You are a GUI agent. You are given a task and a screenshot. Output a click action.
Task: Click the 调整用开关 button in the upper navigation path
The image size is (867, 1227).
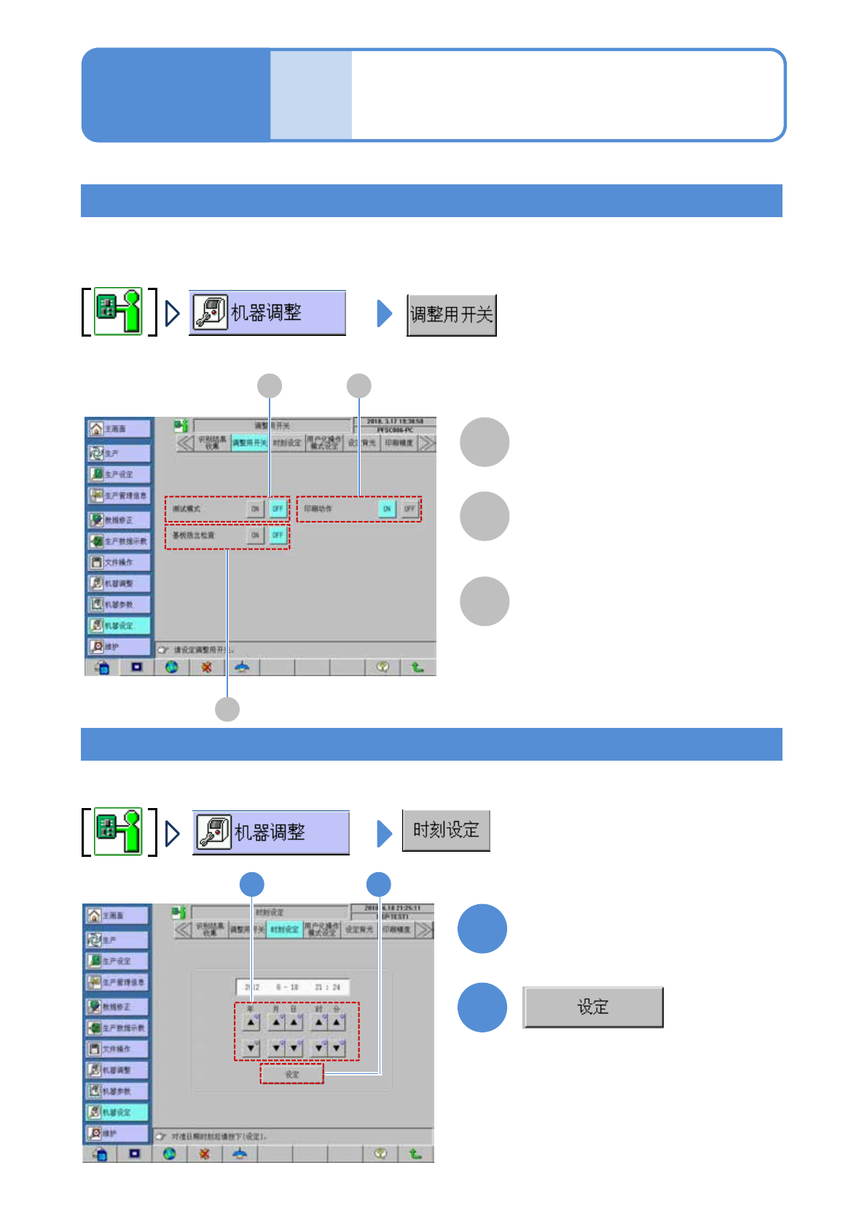pyautogui.click(x=452, y=315)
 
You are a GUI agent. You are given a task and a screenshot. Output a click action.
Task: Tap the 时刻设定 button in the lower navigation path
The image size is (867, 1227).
pyautogui.click(x=446, y=830)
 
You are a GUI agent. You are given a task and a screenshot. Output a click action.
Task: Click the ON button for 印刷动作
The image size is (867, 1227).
pyautogui.click(x=387, y=509)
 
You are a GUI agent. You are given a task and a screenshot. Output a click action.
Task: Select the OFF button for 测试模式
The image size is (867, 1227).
pyautogui.click(x=278, y=509)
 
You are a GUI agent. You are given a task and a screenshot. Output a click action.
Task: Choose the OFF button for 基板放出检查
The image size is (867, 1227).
pyautogui.click(x=278, y=535)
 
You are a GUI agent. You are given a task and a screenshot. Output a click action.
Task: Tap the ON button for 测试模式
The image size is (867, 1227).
pyautogui.click(x=255, y=509)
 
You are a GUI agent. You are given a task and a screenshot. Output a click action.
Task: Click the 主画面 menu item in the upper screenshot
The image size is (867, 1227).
pyautogui.click(x=119, y=428)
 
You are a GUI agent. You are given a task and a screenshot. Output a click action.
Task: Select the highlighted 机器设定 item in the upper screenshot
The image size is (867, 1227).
pyautogui.click(x=119, y=625)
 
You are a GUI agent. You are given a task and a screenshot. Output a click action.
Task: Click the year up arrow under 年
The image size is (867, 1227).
pyautogui.click(x=251, y=1022)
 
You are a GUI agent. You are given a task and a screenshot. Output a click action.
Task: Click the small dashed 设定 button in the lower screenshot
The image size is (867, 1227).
pyautogui.click(x=292, y=1074)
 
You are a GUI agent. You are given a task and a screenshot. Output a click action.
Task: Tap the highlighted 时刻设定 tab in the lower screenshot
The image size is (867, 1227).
pyautogui.click(x=284, y=930)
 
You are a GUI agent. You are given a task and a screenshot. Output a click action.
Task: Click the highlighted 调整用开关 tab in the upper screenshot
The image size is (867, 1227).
pyautogui.click(x=250, y=443)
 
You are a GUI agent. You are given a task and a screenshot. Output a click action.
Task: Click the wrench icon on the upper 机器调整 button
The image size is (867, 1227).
pyautogui.click(x=211, y=313)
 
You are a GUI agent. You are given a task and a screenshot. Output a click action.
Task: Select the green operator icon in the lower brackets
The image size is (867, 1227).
pyautogui.click(x=119, y=831)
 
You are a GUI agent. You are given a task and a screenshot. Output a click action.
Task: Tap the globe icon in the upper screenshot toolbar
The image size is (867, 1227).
pyautogui.click(x=172, y=667)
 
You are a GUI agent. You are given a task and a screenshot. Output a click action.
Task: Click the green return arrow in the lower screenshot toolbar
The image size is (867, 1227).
pyautogui.click(x=415, y=1153)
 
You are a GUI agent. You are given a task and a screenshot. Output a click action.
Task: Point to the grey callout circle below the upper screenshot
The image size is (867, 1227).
pyautogui.click(x=227, y=709)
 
